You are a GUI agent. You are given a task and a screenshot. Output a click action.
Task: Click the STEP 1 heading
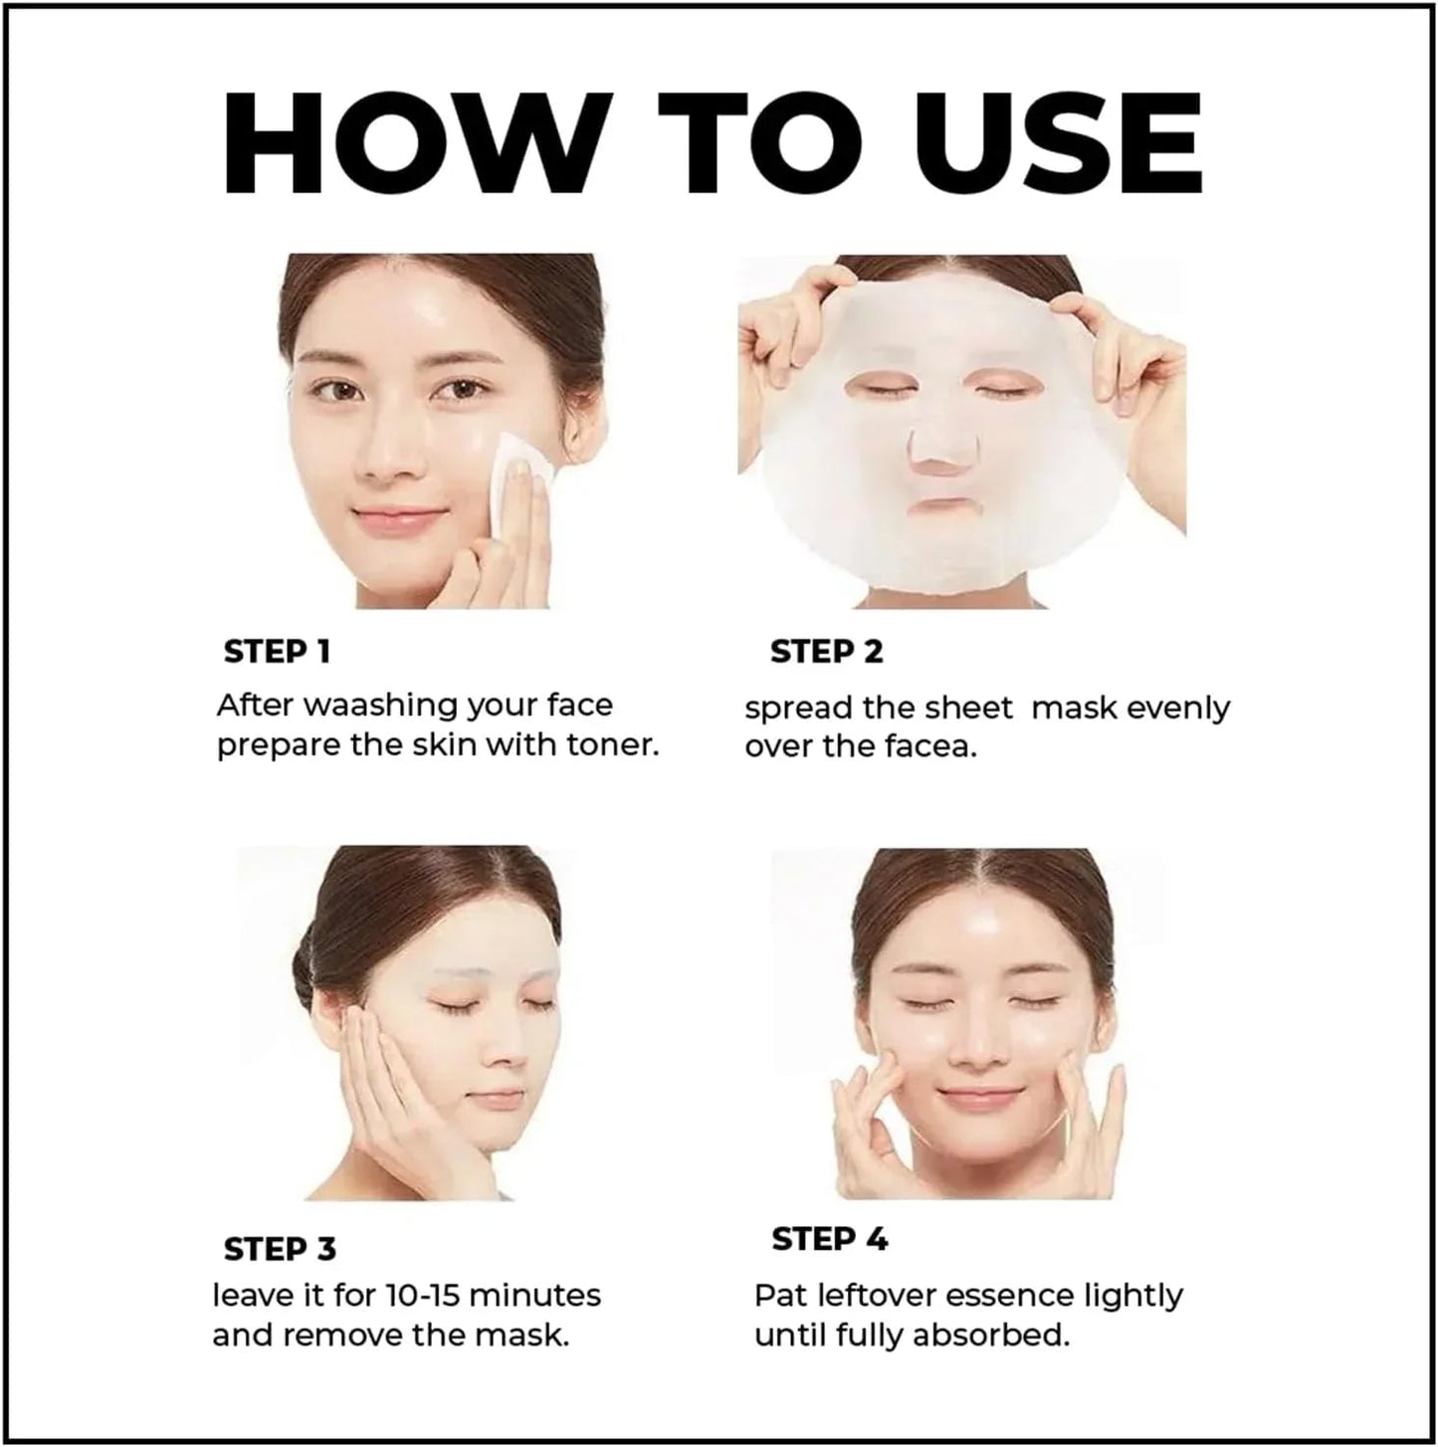click(277, 652)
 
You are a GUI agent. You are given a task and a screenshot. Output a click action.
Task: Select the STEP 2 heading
click(826, 652)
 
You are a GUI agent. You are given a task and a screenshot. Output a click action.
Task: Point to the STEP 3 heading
click(280, 1249)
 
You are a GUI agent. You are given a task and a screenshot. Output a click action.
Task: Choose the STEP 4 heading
click(829, 1240)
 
